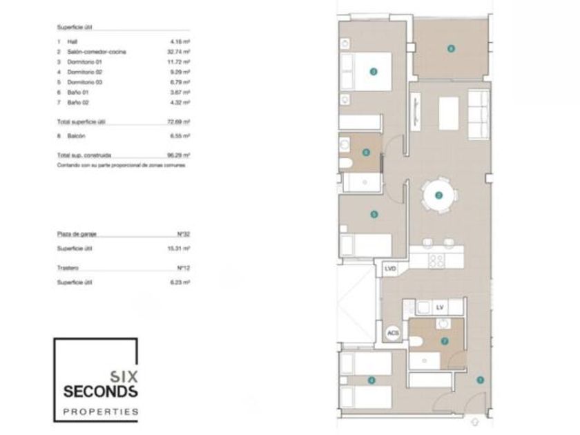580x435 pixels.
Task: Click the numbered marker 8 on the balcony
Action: (x=450, y=48)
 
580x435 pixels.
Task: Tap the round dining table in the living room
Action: (x=439, y=195)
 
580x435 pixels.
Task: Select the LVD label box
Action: (x=391, y=269)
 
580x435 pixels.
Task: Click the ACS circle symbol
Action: (x=393, y=333)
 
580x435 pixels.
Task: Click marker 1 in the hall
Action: (x=479, y=379)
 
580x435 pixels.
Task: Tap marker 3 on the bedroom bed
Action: (x=373, y=70)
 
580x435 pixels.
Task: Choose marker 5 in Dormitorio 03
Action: (x=374, y=214)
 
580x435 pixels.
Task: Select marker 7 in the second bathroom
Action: (x=444, y=340)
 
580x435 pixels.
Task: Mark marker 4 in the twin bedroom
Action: (x=371, y=380)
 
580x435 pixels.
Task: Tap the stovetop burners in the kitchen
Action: (x=436, y=260)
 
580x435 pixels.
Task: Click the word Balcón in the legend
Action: (x=77, y=136)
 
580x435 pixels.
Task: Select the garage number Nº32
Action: (x=183, y=234)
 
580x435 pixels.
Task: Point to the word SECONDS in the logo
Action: (x=100, y=391)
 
